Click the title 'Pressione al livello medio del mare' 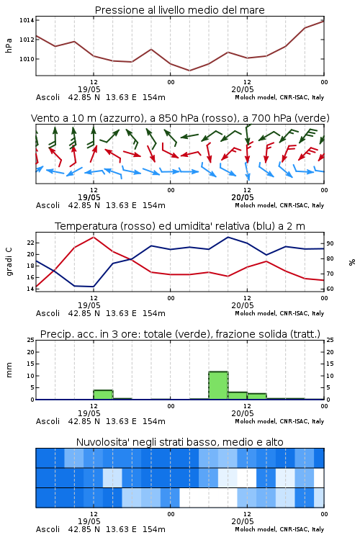179,10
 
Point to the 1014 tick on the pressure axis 27,20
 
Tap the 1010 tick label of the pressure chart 27,59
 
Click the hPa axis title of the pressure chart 9,45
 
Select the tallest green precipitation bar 218,385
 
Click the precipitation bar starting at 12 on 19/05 104,395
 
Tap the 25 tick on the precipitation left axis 31,340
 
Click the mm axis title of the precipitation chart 9,369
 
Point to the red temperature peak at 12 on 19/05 94,237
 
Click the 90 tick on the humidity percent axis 330,243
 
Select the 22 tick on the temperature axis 31,243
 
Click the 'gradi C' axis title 9,262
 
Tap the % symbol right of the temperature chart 352,262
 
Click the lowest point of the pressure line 189,71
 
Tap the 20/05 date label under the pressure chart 243,89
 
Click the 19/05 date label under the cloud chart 89,521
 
